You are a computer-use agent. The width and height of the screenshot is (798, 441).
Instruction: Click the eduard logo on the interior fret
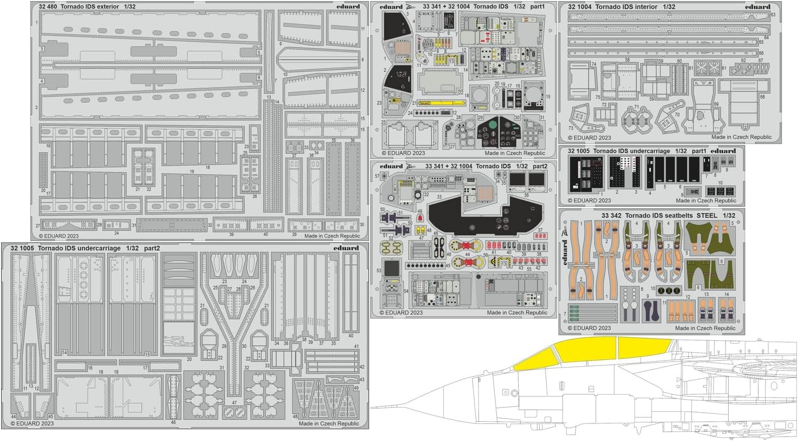759,7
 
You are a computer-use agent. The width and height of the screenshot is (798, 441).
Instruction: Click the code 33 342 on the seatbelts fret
612,215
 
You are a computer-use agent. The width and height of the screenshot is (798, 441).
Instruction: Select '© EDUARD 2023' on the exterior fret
59,235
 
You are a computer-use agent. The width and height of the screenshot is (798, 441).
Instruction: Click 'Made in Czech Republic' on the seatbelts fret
705,328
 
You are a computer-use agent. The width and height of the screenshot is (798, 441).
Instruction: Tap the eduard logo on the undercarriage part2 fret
347,248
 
